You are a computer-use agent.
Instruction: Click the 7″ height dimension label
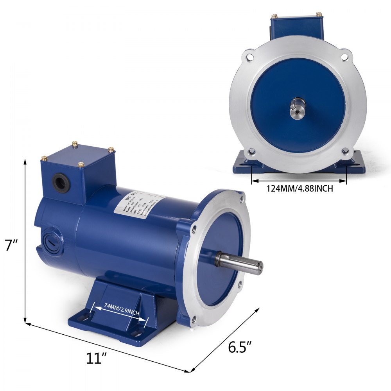(11, 246)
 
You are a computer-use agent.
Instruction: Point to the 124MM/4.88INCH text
(300, 188)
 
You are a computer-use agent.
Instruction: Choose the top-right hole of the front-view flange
(344, 57)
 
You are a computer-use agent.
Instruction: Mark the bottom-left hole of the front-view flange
(251, 151)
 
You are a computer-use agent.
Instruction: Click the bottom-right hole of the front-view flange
(344, 151)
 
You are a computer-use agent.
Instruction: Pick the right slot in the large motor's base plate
(137, 333)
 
